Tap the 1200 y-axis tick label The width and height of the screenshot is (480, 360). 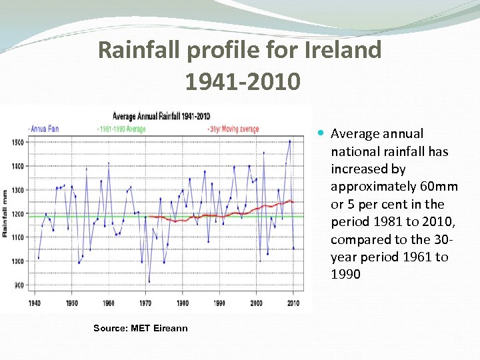(18, 214)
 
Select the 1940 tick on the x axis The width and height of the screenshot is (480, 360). (35, 303)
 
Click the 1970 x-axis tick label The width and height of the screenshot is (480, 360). (145, 303)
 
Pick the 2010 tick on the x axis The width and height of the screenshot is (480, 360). (293, 303)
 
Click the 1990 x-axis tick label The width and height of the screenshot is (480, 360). (219, 303)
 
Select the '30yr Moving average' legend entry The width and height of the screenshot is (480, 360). (233, 129)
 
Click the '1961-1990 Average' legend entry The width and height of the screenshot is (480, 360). (121, 129)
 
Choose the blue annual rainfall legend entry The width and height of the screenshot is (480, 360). (44, 129)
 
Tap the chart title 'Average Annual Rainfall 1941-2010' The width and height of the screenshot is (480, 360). (161, 117)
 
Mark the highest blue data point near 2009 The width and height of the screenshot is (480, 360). (289, 141)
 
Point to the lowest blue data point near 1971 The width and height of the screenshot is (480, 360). (149, 281)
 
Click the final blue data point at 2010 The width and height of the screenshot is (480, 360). (293, 249)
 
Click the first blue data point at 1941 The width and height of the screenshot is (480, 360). (39, 258)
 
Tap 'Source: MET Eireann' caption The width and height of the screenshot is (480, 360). (140, 328)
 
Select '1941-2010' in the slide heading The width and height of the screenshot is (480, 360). (243, 81)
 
